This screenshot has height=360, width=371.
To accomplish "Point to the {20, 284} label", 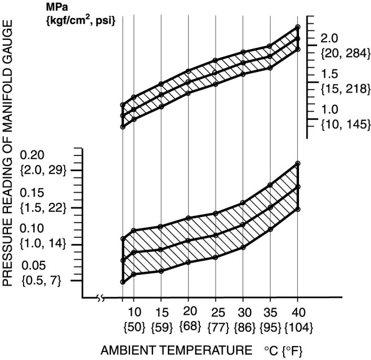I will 345,54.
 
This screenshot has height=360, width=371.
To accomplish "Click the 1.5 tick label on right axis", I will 329,74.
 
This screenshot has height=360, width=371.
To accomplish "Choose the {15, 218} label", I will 345,88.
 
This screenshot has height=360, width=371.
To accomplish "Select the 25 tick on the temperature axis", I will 216,312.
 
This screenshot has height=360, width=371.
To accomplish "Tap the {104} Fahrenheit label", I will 298,327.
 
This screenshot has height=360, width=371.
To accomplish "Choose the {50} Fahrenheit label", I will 134,327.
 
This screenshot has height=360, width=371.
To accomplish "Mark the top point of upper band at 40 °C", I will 298,26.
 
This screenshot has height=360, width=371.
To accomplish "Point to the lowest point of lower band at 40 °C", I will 298,210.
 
